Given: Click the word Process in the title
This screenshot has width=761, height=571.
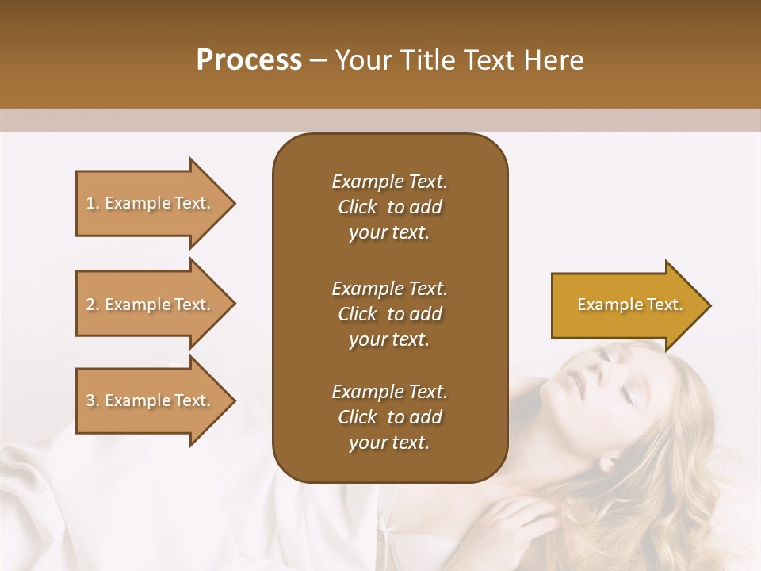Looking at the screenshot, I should point(249,60).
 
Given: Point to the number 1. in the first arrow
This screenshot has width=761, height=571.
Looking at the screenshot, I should point(93,203).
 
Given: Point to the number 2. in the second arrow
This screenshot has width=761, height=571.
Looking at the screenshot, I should point(93,305).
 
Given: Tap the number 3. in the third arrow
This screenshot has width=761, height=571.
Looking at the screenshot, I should point(93,400).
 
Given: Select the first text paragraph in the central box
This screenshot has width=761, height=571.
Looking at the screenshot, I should point(389,207).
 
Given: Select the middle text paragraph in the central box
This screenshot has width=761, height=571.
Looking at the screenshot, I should point(389,314).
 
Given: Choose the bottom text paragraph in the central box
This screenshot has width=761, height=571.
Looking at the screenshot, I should point(389,417).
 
